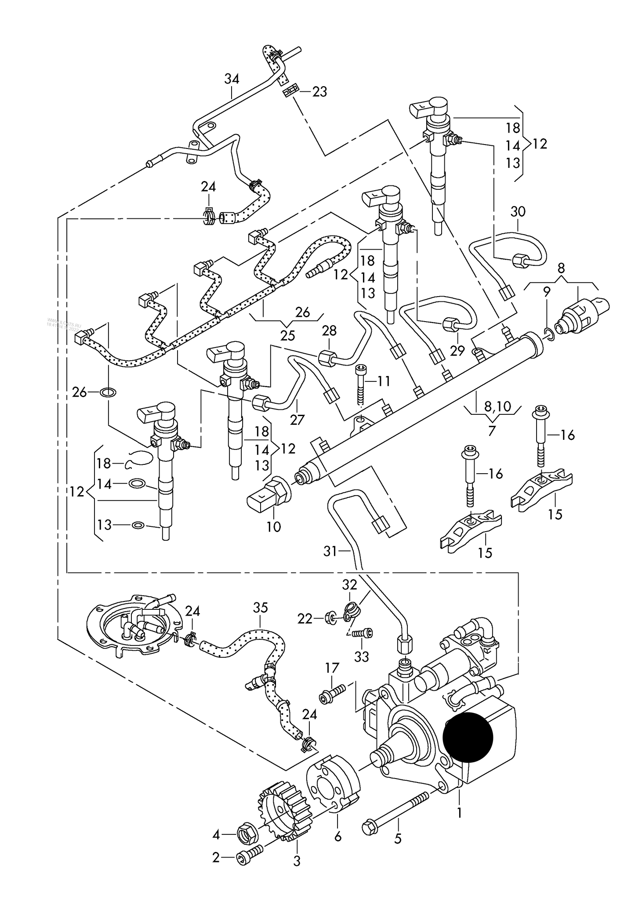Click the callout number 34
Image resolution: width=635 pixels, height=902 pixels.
click(x=232, y=79)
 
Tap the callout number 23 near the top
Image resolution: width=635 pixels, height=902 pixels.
click(x=320, y=92)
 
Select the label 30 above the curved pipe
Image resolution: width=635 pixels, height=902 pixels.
click(x=518, y=212)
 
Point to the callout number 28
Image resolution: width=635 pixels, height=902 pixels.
click(x=329, y=330)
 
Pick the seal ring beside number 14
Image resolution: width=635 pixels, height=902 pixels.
click(x=137, y=484)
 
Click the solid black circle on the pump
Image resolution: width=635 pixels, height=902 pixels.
click(x=468, y=737)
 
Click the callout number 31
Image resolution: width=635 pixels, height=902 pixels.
click(x=330, y=551)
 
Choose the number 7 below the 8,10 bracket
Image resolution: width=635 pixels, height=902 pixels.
click(x=492, y=430)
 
